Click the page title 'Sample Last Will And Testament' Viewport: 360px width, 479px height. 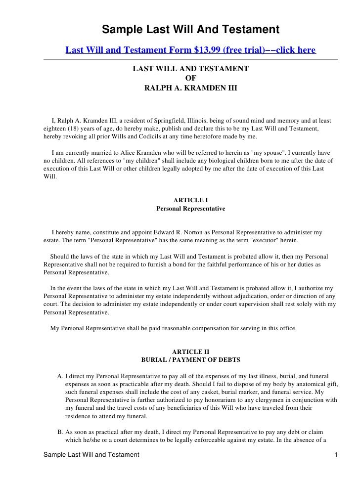(190, 30)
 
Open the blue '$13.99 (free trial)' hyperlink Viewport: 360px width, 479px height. (190, 51)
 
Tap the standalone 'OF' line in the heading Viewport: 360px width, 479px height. (190, 78)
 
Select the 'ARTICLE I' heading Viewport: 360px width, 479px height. (190, 200)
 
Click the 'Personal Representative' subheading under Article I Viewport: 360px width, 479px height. (190, 209)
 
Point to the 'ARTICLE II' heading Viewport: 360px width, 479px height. (190, 351)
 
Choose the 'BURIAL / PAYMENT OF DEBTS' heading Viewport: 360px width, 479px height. (190, 360)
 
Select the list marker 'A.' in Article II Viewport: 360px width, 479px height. (60, 376)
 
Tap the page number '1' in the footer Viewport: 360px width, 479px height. (336, 454)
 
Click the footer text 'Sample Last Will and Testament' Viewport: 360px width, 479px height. (91, 454)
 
